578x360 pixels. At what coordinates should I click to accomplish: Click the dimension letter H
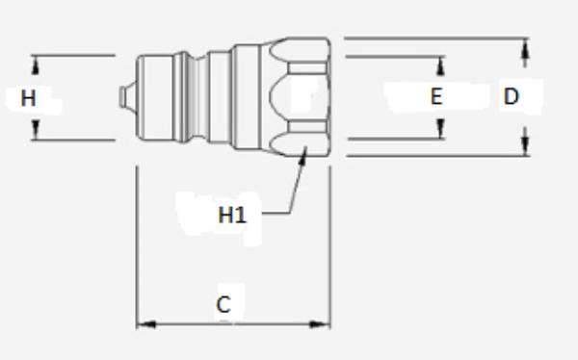(28, 97)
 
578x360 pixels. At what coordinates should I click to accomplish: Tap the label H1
(232, 215)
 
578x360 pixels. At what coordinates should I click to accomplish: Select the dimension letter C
(223, 305)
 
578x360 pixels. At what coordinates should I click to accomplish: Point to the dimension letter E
(436, 96)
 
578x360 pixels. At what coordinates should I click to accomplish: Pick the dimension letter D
(512, 96)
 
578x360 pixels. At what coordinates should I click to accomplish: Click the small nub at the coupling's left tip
(122, 97)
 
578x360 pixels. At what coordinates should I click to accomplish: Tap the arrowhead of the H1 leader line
(303, 153)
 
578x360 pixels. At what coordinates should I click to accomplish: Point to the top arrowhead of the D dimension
(525, 44)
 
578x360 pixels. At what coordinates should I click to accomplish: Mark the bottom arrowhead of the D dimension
(525, 148)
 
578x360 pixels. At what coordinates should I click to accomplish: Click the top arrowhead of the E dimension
(442, 63)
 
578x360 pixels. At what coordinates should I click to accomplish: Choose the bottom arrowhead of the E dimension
(442, 132)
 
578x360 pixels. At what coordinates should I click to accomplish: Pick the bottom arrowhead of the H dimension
(37, 133)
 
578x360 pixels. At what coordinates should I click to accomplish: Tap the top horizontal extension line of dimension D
(433, 39)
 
